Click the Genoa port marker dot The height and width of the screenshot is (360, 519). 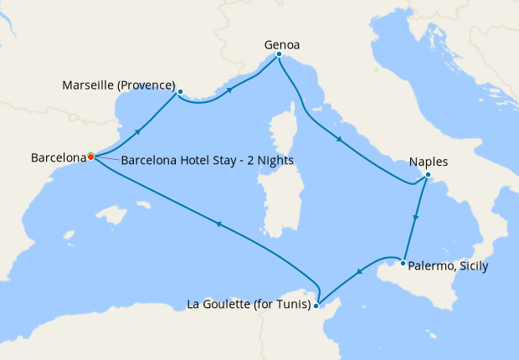(279, 55)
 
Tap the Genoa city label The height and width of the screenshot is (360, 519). (282, 44)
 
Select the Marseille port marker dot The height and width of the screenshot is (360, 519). (180, 91)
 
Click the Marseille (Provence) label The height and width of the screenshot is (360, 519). (118, 85)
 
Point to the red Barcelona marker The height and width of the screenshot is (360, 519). (90, 157)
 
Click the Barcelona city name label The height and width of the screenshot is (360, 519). (58, 157)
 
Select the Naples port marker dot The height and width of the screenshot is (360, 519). (428, 175)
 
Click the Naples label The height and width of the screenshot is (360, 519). (429, 162)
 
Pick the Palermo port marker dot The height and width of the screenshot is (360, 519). (403, 264)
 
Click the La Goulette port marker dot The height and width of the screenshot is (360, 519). (316, 306)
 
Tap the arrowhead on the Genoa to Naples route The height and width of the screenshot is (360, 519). (340, 140)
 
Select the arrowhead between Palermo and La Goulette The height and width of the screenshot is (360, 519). (358, 271)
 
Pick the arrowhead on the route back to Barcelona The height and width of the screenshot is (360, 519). (218, 224)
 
